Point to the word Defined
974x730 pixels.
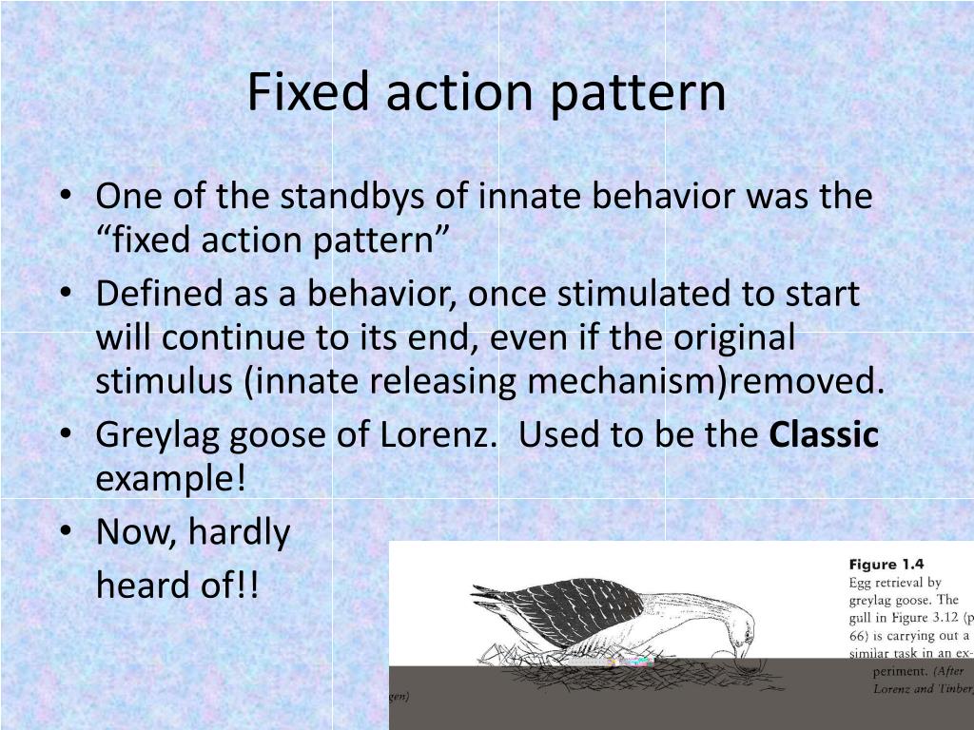point(156,294)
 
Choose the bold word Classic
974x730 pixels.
point(824,435)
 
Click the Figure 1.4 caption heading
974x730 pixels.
point(886,564)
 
